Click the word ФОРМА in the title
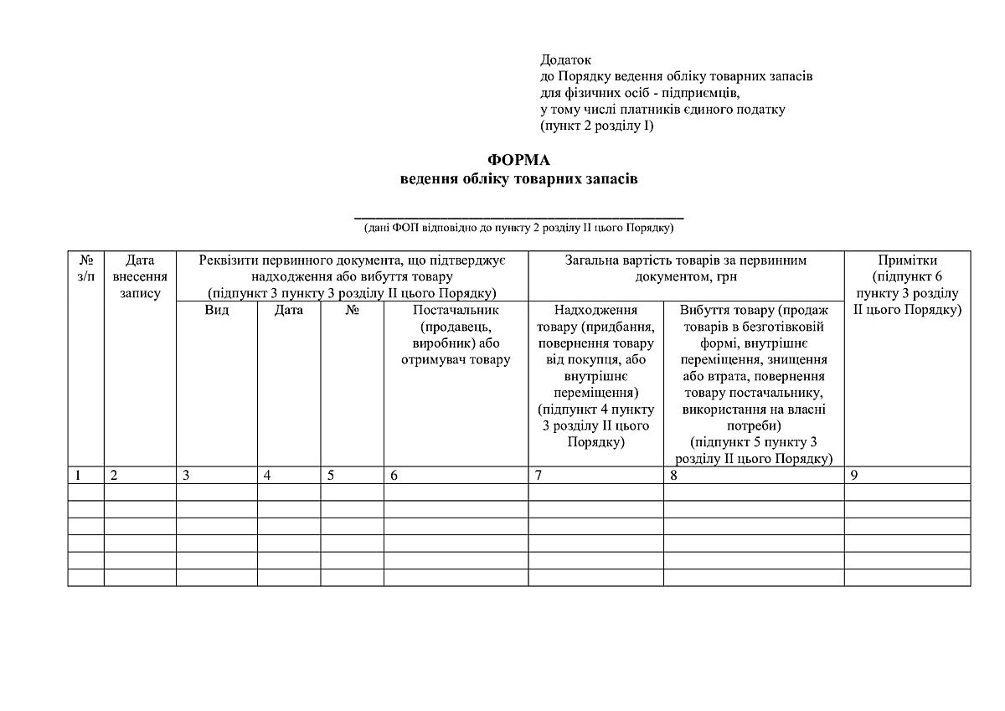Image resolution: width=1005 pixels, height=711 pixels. (519, 161)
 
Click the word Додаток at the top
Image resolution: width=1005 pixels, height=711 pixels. (566, 60)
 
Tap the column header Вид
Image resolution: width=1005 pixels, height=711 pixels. (217, 310)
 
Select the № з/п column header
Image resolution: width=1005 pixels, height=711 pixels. (85, 268)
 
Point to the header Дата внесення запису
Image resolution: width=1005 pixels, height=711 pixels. (140, 276)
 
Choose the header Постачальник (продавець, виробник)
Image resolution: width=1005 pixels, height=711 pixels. (456, 335)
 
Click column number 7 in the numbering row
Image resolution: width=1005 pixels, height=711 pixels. (539, 475)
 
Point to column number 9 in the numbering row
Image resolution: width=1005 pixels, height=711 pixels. (854, 475)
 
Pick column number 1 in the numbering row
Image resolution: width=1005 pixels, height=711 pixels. (78, 475)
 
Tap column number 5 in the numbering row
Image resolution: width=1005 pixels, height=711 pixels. (331, 475)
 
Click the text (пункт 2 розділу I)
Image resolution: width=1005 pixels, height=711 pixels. (597, 126)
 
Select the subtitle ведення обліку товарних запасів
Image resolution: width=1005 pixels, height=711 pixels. (519, 178)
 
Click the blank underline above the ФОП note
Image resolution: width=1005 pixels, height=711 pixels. (519, 215)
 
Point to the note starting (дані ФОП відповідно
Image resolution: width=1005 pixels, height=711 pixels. (519, 228)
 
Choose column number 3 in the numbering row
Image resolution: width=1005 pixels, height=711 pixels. (186, 475)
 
